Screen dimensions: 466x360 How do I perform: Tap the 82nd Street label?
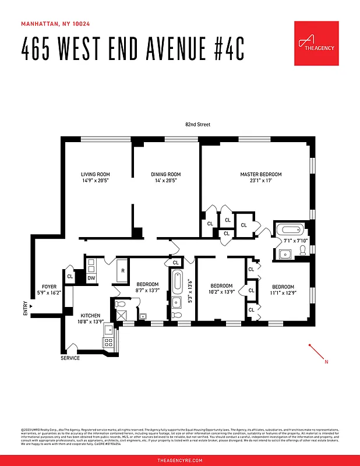[x=197, y=125]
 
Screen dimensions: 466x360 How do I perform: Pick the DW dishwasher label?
[x=91, y=278]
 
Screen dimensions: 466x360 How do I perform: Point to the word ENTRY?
[x=25, y=308]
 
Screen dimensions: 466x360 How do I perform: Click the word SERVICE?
[x=70, y=358]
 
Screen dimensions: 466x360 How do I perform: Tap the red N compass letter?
[x=326, y=362]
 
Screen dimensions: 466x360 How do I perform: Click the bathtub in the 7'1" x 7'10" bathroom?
[x=289, y=230]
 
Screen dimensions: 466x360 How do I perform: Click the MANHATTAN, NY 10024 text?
[x=55, y=24]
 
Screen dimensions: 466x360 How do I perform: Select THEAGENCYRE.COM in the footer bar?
[x=180, y=460]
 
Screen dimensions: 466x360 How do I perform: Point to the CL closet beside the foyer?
[x=70, y=277]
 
